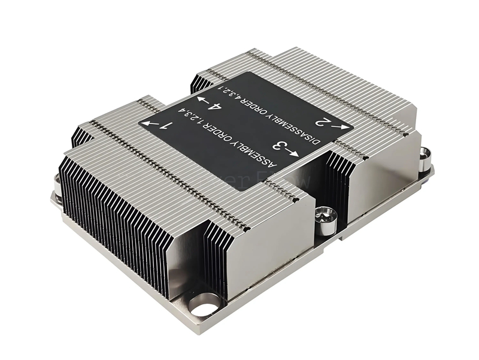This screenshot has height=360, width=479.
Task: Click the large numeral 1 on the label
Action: (168, 126)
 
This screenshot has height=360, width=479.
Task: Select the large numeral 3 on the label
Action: (278, 146)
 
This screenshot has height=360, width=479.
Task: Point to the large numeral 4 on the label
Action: (214, 108)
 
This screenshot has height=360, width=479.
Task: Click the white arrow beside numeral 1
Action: (152, 124)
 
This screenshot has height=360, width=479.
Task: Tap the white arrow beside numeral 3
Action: (292, 153)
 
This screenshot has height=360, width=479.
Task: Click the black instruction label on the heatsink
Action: (245, 129)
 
